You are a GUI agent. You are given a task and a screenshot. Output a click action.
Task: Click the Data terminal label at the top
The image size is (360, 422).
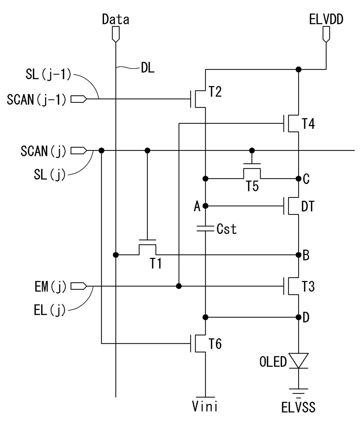tap(116, 19)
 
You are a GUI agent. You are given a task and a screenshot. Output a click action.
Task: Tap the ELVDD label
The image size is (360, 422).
tap(326, 19)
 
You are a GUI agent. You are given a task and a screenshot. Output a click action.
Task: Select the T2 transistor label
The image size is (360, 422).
tap(215, 92)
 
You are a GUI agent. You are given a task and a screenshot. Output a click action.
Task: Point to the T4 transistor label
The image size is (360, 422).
tap(308, 124)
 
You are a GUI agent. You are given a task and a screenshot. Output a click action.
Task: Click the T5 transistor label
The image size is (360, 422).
tap(252, 186)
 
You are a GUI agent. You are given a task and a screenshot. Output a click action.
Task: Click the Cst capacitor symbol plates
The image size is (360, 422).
tap(205, 228)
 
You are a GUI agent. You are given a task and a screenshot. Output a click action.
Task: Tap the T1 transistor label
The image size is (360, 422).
tap(156, 263)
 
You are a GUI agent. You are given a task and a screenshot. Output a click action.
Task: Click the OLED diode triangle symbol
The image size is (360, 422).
tap(298, 361)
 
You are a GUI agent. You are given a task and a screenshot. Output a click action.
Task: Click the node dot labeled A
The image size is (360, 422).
tap(205, 206)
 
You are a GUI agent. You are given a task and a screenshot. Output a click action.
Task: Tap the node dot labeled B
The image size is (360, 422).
tap(298, 255)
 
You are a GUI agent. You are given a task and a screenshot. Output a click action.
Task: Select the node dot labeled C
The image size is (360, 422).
tap(298, 179)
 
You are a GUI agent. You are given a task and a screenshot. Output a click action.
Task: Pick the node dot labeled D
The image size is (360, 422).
tap(298, 317)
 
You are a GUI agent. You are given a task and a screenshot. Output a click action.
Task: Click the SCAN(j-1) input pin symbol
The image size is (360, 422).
tap(79, 99)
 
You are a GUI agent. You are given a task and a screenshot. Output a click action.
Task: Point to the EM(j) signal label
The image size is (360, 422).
tap(51, 287)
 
